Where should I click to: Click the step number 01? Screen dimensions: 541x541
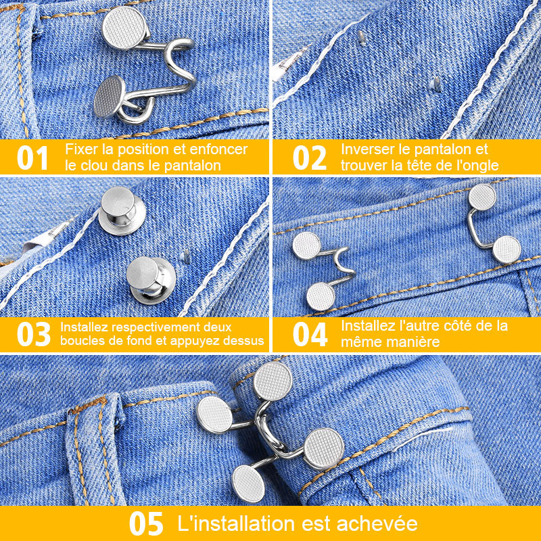32,158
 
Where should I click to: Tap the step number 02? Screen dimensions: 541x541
310,158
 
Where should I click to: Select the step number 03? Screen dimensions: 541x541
33,334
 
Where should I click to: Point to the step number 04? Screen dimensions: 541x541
310,334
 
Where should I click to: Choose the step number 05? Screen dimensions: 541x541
146,523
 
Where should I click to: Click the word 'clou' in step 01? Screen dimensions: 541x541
94,165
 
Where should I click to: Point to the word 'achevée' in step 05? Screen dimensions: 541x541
377,523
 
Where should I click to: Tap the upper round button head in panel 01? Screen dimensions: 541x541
124,27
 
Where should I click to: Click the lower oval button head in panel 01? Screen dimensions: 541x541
110,96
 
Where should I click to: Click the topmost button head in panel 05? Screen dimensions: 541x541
273,381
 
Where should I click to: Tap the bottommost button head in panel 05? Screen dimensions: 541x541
248,484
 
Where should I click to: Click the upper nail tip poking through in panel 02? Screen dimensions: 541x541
362,38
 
